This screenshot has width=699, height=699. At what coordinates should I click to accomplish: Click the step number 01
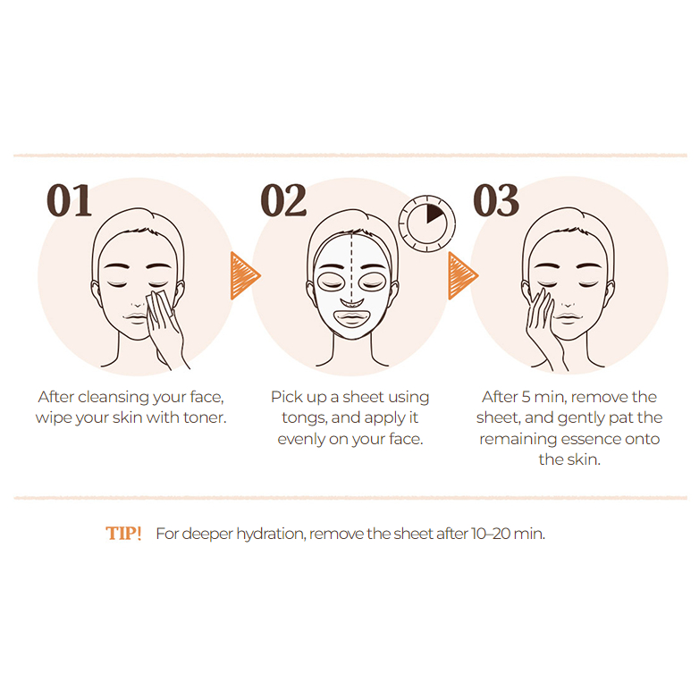coord(69,200)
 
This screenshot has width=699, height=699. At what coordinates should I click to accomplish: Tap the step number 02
coord(283,200)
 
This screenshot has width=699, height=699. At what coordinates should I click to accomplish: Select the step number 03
coord(496,200)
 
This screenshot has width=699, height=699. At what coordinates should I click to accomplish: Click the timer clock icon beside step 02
coord(426,223)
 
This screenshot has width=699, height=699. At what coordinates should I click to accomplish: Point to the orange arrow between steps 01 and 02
coord(244,275)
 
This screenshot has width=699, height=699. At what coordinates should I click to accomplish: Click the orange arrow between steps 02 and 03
coord(462,275)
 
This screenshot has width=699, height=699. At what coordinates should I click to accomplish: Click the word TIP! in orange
coord(123,533)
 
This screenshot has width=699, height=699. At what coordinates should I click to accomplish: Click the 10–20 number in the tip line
coord(490,533)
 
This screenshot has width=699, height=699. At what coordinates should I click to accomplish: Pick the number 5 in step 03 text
coord(526,397)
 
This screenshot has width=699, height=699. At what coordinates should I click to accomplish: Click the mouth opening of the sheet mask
coord(351,318)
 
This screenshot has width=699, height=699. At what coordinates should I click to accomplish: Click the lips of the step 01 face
coord(137,318)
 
